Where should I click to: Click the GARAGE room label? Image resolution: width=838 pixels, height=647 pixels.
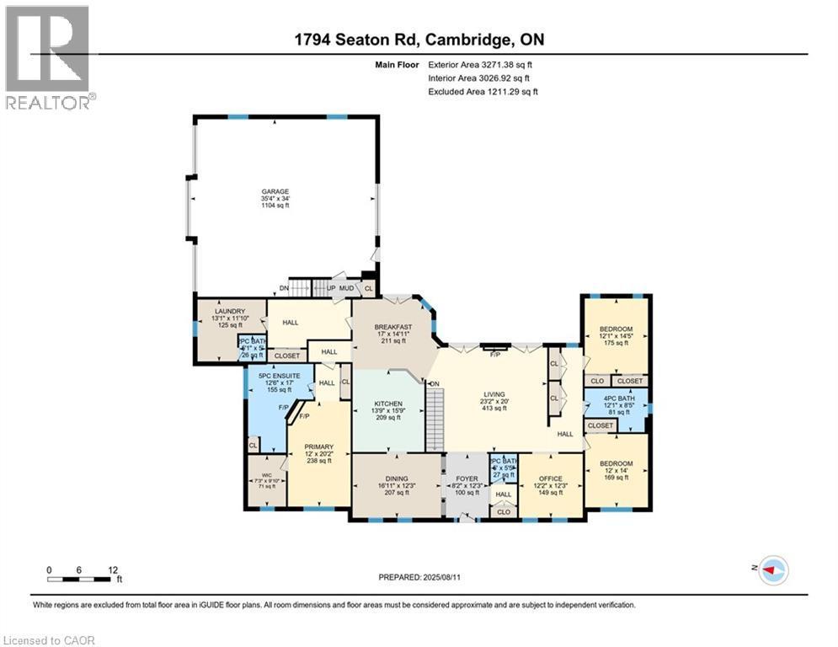(269, 192)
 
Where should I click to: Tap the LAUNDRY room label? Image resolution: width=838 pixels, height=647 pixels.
(205, 311)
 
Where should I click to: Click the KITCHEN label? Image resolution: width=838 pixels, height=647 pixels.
(388, 404)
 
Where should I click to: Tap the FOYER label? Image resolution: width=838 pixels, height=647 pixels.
(466, 479)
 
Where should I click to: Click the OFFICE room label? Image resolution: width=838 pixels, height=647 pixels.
(550, 479)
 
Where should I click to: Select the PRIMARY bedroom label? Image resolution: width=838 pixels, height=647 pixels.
(319, 446)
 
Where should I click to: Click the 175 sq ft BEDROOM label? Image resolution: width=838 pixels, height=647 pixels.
(616, 329)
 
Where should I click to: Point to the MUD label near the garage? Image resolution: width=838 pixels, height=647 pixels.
(346, 288)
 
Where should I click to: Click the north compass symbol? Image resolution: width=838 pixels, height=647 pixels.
(772, 571)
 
